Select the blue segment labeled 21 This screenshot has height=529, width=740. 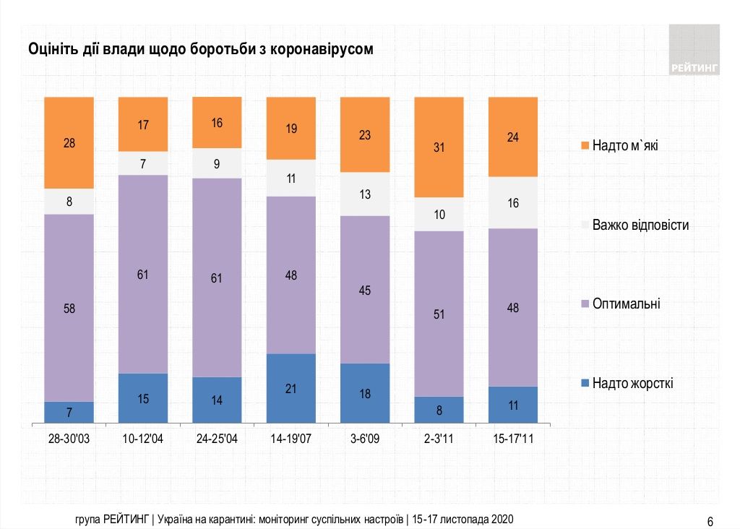pyautogui.click(x=291, y=388)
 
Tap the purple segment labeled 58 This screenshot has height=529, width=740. pyautogui.click(x=69, y=307)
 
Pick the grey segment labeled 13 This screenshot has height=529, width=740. pyautogui.click(x=364, y=194)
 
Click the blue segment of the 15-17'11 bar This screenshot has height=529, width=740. pyautogui.click(x=513, y=405)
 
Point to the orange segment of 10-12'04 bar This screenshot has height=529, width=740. pyautogui.click(x=143, y=124)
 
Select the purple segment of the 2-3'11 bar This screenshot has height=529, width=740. pyautogui.click(x=439, y=314)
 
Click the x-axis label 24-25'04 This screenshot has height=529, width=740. pyautogui.click(x=217, y=438)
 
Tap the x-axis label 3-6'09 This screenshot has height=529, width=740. pyautogui.click(x=364, y=438)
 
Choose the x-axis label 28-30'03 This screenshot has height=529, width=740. pyautogui.click(x=69, y=438)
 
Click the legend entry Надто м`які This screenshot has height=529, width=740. pyautogui.click(x=624, y=146)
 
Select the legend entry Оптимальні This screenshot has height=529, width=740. pyautogui.click(x=626, y=304)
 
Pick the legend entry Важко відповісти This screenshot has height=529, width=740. pyautogui.click(x=640, y=225)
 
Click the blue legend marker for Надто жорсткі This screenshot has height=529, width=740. pyautogui.click(x=585, y=382)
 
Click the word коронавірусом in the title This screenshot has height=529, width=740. pyautogui.click(x=318, y=50)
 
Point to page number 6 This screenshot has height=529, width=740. pyautogui.click(x=710, y=522)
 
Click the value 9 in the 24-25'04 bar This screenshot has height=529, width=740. pyautogui.click(x=217, y=163)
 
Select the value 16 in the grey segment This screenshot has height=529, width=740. pyautogui.click(x=513, y=203)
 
